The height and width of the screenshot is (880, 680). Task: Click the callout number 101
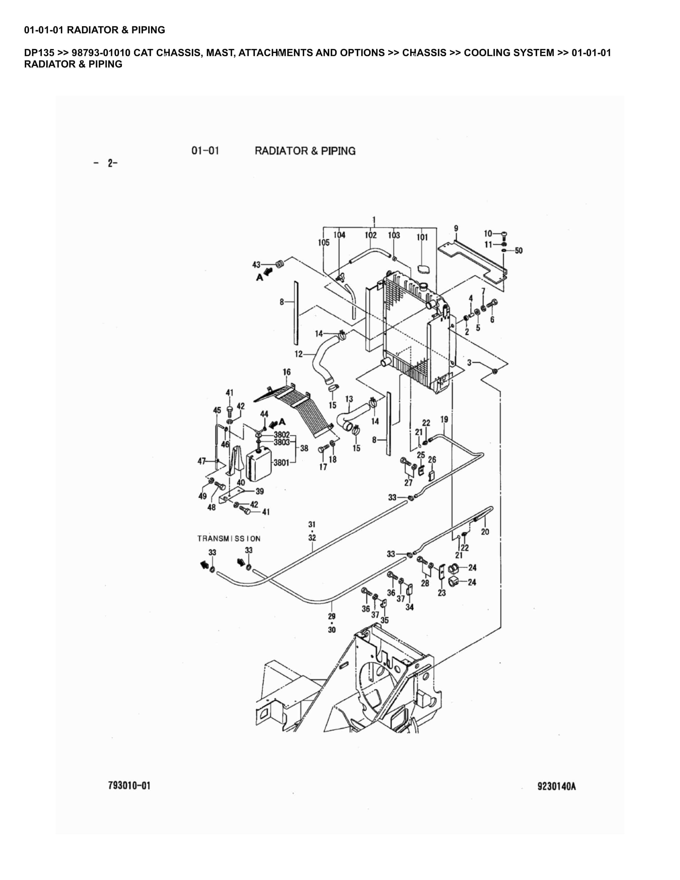[422, 237]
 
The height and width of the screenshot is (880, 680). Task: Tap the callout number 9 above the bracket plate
[456, 228]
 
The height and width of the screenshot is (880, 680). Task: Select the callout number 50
[518, 251]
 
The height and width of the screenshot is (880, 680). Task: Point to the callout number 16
[286, 372]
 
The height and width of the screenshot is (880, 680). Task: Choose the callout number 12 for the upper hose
[299, 354]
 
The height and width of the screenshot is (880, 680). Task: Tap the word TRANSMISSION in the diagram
[229, 538]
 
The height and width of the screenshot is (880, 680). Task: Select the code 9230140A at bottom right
[556, 786]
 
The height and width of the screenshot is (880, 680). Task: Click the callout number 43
[256, 264]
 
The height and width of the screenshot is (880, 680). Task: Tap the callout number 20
[485, 532]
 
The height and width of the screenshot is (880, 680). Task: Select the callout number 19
[444, 419]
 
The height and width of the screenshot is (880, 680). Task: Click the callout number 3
[469, 362]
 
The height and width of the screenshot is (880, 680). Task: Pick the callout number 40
[241, 482]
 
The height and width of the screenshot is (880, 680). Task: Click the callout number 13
[349, 399]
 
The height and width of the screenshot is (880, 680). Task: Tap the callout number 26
[432, 459]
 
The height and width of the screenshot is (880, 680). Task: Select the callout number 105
[324, 242]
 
